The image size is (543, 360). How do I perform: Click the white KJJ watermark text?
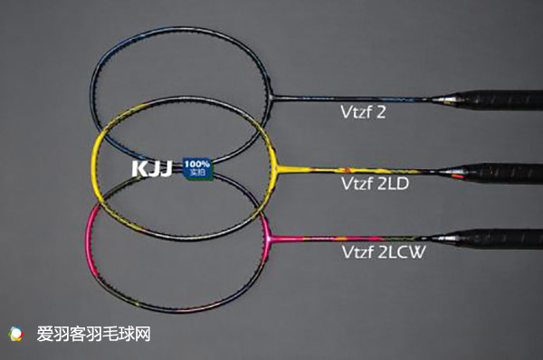[x=154, y=167]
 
